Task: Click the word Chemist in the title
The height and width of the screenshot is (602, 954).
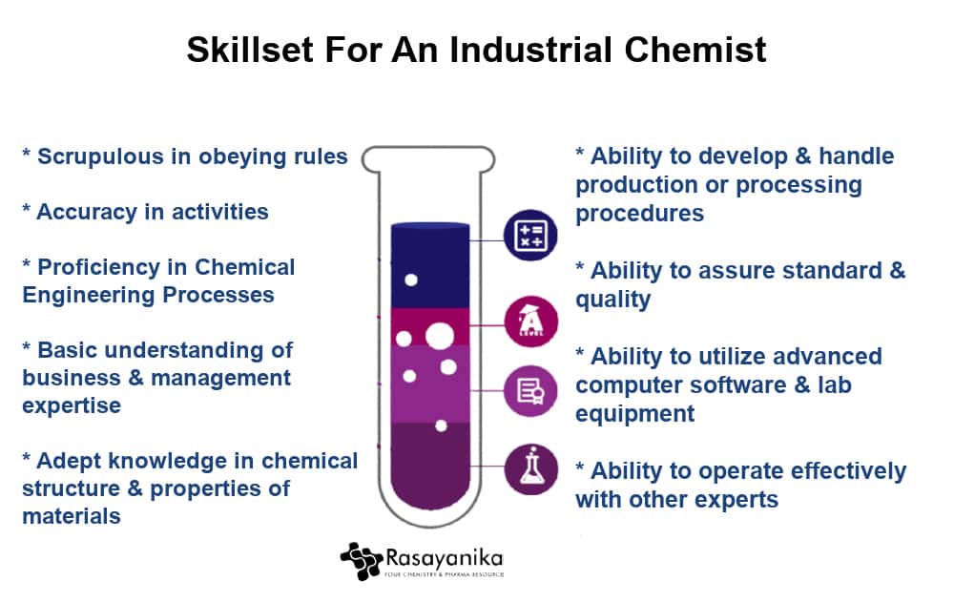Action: coord(695,50)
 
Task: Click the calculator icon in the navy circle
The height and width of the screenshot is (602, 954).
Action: coord(530,236)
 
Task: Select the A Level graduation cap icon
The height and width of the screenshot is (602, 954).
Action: coord(530,321)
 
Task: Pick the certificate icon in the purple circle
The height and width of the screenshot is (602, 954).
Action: coord(530,391)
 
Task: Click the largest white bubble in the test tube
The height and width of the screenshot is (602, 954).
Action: coord(439,336)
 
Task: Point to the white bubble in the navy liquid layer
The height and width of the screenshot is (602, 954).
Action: coord(411,280)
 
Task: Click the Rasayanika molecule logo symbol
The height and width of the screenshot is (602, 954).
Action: coord(362,561)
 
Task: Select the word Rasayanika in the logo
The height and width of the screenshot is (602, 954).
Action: coord(445,558)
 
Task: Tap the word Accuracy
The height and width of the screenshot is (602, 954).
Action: coord(87,212)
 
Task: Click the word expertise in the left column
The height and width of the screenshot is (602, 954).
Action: coord(72,406)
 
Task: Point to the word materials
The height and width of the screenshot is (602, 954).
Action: coord(72,516)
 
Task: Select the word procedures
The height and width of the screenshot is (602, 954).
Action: coord(639,215)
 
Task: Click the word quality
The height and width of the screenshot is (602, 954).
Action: coord(613,301)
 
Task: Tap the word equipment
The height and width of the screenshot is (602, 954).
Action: coord(634,414)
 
